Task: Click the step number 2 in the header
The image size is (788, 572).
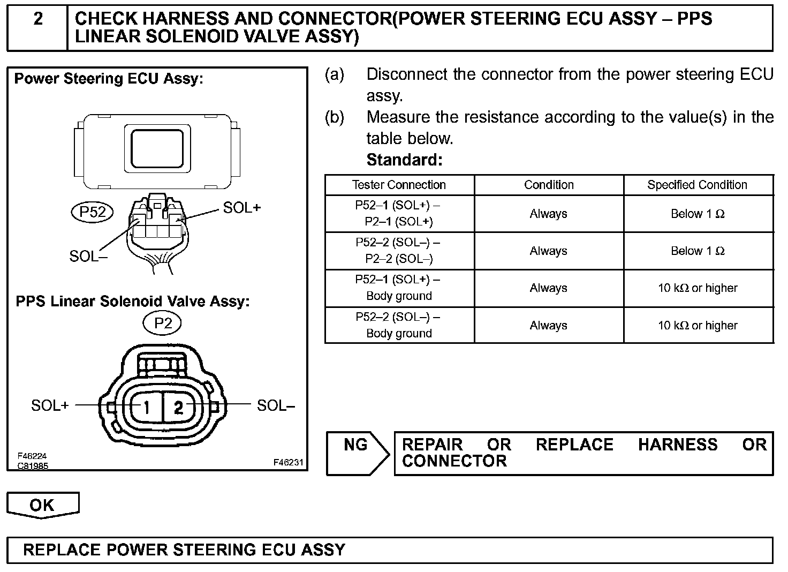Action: tap(38, 19)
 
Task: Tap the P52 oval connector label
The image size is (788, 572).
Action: tap(93, 212)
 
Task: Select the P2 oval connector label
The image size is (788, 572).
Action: tap(163, 323)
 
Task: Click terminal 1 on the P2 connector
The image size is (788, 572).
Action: tap(145, 407)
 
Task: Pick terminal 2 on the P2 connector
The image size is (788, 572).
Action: tap(179, 408)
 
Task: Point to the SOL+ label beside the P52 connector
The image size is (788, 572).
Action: tap(241, 208)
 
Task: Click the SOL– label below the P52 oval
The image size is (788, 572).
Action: tap(88, 256)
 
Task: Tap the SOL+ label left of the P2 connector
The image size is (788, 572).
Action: tap(50, 405)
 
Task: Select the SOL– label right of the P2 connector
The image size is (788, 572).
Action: tap(276, 405)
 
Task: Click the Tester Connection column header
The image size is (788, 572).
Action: tap(399, 185)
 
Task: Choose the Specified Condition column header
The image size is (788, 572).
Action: tap(697, 185)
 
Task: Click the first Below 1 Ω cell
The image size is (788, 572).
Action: tap(698, 214)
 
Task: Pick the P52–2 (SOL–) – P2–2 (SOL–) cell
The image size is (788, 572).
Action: tap(399, 251)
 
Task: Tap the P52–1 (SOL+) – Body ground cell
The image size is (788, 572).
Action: tap(399, 288)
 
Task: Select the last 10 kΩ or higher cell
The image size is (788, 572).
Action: tap(698, 325)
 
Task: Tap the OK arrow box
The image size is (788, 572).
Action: tap(42, 505)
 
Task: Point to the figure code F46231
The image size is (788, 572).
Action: tap(288, 462)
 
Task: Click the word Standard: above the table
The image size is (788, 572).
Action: tap(404, 160)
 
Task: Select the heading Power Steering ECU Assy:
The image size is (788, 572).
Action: tap(109, 79)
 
